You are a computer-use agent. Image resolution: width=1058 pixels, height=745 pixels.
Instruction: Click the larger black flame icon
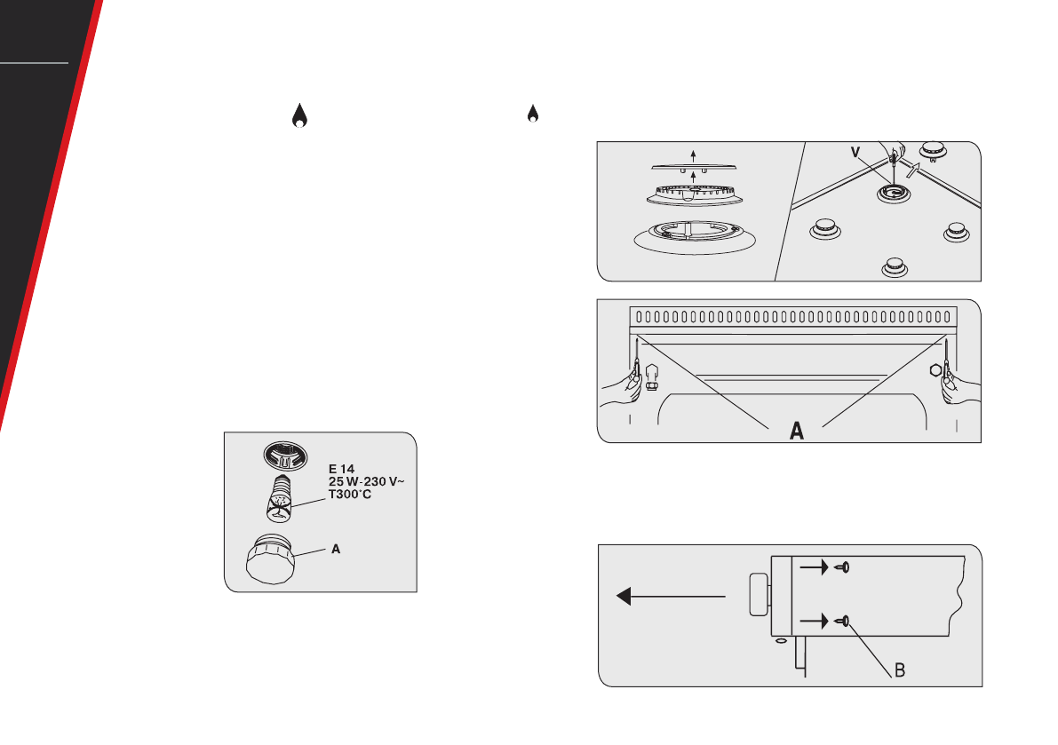click(x=299, y=116)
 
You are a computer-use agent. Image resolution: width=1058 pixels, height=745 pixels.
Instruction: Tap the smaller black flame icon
click(x=533, y=114)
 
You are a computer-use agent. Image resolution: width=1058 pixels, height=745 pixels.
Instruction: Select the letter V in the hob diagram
click(x=855, y=153)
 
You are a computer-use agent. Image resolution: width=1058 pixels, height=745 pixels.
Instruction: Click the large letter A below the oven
click(x=797, y=430)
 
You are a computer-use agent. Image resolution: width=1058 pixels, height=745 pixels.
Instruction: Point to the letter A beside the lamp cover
click(x=336, y=549)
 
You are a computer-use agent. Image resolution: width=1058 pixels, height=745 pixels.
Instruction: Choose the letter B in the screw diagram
click(x=900, y=670)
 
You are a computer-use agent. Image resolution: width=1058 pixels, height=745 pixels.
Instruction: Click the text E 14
click(x=341, y=469)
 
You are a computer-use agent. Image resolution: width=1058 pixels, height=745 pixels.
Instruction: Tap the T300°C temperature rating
click(x=349, y=495)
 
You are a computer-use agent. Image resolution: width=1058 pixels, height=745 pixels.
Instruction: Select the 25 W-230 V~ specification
click(x=366, y=481)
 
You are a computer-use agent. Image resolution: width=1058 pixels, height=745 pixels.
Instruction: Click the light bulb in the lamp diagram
click(x=280, y=498)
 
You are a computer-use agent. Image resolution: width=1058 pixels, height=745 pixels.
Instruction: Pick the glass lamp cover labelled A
click(x=271, y=559)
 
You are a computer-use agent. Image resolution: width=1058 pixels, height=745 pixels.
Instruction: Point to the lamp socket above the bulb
click(x=285, y=456)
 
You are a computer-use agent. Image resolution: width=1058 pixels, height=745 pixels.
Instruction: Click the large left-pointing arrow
click(x=671, y=596)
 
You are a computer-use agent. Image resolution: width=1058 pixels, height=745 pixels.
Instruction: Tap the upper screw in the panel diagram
click(x=842, y=567)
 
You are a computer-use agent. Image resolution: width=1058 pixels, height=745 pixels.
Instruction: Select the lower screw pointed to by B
click(x=842, y=621)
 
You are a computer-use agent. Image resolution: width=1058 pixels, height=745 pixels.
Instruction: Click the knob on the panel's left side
click(x=760, y=595)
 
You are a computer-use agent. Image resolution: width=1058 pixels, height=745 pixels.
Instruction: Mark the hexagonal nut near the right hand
click(x=935, y=370)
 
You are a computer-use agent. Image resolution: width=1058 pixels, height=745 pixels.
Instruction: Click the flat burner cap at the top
click(x=694, y=167)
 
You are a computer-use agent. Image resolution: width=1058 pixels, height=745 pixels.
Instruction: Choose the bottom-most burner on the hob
click(x=895, y=267)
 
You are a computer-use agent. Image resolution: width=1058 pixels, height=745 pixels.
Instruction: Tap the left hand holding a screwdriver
click(x=621, y=388)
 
